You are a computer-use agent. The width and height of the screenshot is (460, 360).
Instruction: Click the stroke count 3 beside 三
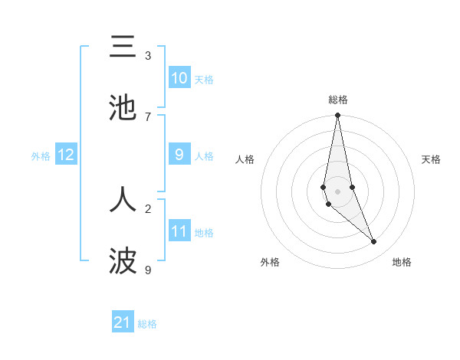(x=148, y=56)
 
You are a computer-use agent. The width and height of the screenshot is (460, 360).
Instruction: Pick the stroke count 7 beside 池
(x=148, y=116)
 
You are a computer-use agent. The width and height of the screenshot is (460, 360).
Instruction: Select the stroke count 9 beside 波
(x=148, y=270)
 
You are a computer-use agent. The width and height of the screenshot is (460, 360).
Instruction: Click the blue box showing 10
(x=179, y=78)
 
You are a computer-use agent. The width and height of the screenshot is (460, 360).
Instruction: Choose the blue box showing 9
(x=179, y=155)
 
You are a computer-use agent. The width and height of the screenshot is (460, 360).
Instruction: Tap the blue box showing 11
(x=179, y=231)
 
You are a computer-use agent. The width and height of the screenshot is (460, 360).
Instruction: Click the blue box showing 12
(x=66, y=155)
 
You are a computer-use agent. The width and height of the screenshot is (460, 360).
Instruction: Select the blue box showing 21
(x=123, y=322)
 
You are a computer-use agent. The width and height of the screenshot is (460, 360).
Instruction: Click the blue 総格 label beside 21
(x=147, y=324)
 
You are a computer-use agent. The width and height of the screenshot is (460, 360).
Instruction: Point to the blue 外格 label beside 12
(x=41, y=156)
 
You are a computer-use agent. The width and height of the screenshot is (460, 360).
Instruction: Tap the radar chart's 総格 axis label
(x=338, y=100)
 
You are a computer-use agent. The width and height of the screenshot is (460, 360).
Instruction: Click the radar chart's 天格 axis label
(x=432, y=159)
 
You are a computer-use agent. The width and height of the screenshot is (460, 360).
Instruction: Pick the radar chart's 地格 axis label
(x=402, y=262)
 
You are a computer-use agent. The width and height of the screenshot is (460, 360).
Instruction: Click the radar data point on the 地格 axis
(x=374, y=242)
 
